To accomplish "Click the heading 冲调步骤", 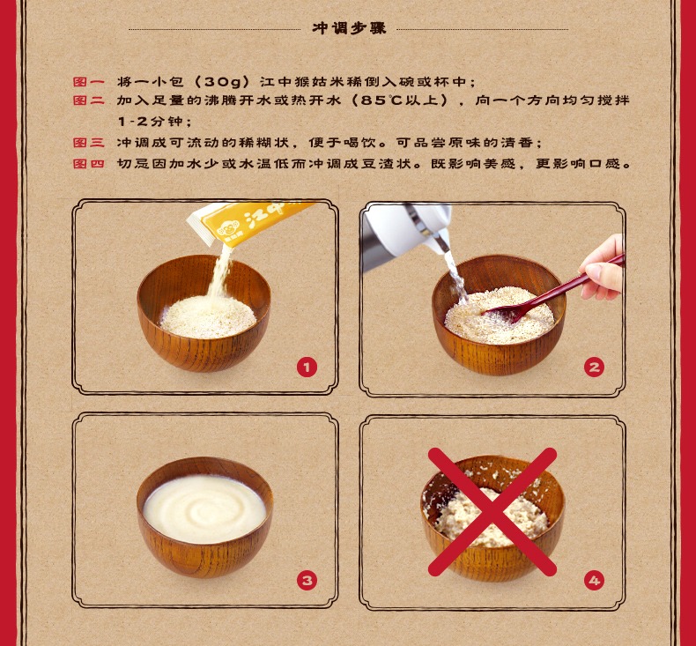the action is click(349, 28).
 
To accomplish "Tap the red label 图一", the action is click(89, 82).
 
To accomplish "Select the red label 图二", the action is click(89, 100).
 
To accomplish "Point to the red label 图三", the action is click(89, 143).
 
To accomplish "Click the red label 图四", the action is click(89, 163).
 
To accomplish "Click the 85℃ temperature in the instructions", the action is click(381, 100).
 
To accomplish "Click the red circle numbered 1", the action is click(307, 368).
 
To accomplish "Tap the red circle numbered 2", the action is click(594, 368).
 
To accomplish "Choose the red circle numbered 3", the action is click(307, 580).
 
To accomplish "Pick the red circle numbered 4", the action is click(594, 580).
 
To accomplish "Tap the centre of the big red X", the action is click(492, 511).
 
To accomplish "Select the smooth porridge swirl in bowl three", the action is click(204, 508).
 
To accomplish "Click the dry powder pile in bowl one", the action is click(208, 316).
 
